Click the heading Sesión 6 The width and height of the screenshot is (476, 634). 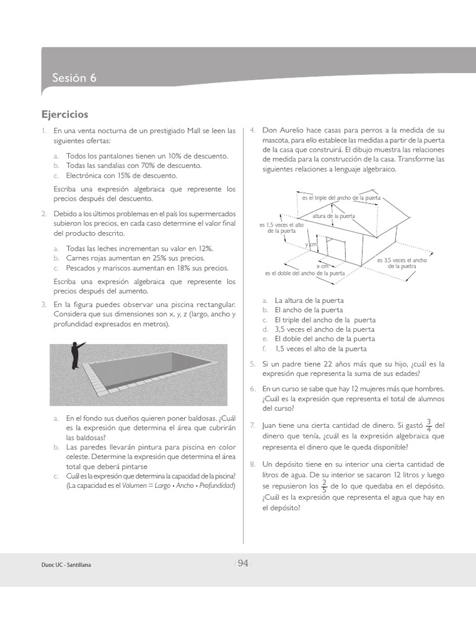point(74,79)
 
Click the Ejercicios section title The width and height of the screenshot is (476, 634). point(64,115)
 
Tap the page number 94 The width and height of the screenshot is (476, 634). point(243,563)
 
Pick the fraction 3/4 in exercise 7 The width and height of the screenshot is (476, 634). point(429,425)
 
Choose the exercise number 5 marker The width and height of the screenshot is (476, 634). point(252,364)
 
